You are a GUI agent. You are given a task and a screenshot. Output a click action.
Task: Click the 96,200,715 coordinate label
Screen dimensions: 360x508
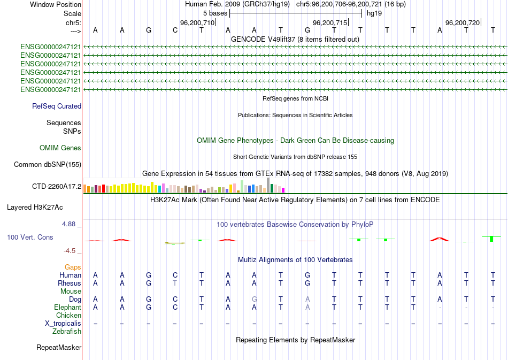click(x=330, y=22)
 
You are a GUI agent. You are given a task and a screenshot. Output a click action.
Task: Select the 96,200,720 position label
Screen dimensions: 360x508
click(x=463, y=22)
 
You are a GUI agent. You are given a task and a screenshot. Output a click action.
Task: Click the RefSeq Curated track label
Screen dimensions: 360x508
click(x=57, y=106)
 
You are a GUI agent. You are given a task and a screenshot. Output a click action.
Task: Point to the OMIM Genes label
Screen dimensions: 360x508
click(x=60, y=148)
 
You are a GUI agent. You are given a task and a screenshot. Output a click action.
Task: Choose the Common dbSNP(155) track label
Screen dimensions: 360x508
click(x=48, y=165)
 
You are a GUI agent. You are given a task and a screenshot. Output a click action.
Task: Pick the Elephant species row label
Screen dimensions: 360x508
click(x=68, y=308)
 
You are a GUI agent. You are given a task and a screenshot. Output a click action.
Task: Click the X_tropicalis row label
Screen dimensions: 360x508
click(x=63, y=324)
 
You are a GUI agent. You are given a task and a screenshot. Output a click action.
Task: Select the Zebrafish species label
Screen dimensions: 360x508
click(x=67, y=332)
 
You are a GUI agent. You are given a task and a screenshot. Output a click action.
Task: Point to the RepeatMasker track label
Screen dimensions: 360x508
click(x=59, y=348)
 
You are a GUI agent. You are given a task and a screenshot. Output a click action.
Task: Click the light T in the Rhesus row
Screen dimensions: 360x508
click(x=175, y=283)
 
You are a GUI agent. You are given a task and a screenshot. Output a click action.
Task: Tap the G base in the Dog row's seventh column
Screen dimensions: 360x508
click(x=255, y=300)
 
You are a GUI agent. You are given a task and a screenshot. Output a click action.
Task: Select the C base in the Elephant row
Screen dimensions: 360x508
click(x=175, y=308)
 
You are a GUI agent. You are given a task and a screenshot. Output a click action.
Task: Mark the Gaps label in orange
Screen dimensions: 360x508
click(x=73, y=267)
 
